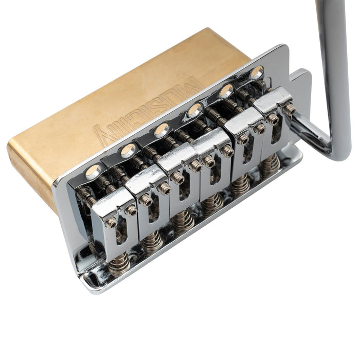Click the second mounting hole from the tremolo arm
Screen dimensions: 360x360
[226, 91]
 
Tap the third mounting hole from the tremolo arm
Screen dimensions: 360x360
[195, 109]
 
